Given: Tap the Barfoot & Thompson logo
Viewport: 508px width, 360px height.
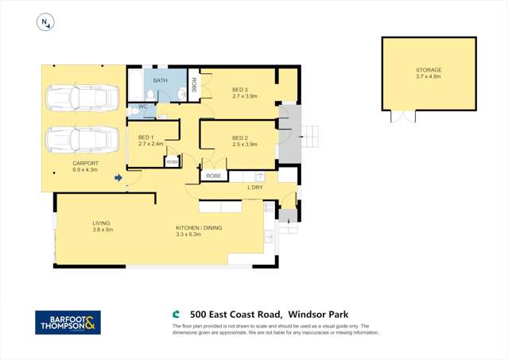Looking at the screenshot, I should [68, 322].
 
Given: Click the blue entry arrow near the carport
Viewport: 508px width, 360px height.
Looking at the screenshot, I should [118, 178].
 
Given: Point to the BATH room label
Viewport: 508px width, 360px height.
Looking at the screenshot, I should [161, 81].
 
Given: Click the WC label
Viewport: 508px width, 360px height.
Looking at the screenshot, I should [143, 106].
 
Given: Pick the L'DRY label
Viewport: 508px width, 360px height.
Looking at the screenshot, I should [255, 188].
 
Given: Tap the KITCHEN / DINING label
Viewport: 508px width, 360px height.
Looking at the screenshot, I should [199, 228].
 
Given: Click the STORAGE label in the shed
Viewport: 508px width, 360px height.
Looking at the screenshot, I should [429, 70].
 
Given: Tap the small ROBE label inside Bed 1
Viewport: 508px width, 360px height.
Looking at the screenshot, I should [172, 161].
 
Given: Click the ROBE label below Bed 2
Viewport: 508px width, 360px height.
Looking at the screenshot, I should [213, 176].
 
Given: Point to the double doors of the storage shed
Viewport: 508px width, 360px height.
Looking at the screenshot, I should [403, 116].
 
